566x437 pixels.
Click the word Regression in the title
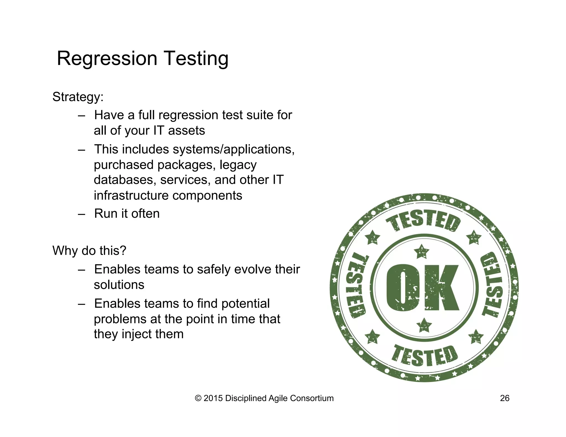click(x=107, y=59)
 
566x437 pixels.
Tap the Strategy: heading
click(x=78, y=97)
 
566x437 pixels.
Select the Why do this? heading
click(x=89, y=251)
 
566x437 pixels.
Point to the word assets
click(x=187, y=131)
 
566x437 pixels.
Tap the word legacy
click(x=238, y=165)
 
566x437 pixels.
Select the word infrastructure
click(x=131, y=196)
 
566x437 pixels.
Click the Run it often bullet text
click(x=127, y=214)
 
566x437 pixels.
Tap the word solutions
click(x=119, y=285)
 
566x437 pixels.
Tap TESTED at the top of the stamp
click(x=424, y=221)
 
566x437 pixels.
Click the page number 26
click(x=505, y=398)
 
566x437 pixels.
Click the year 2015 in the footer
click(x=213, y=398)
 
